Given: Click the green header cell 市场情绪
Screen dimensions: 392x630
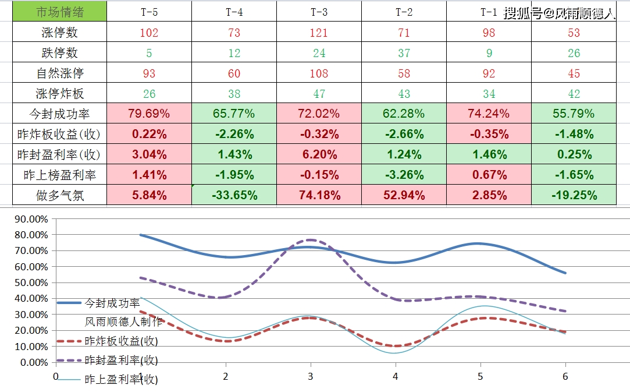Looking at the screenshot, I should point(60,12).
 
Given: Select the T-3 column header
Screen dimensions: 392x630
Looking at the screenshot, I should point(319,12).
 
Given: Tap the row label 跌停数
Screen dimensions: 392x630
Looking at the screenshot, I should point(60,53).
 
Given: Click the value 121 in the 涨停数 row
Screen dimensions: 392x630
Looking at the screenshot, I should point(319,33).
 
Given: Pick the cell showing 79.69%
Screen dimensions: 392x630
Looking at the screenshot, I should point(150,114).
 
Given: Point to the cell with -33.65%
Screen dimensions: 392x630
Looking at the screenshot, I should point(234,195).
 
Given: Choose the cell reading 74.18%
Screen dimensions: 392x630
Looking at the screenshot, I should point(319,195).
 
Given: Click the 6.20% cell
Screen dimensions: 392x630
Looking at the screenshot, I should point(319,154).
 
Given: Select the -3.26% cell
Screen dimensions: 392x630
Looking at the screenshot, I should point(404,175).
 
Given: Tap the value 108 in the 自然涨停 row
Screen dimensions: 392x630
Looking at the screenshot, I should point(319,73).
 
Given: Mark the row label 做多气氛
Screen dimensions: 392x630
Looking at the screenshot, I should point(60,195).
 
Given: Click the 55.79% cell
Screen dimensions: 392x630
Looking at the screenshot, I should point(574,114).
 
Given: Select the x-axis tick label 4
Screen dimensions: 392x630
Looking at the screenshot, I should point(396,376).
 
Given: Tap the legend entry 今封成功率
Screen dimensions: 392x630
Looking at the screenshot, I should point(112,303).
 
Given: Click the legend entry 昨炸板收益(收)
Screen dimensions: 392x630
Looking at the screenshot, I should point(121,341).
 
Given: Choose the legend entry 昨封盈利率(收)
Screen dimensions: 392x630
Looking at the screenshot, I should point(121,361).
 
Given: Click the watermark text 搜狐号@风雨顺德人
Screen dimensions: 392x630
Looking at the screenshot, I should point(559,13).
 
